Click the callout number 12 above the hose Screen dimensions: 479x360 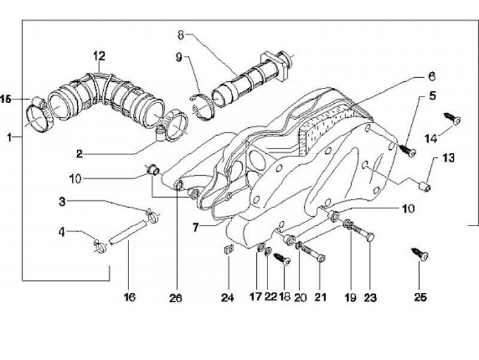pos(99,57)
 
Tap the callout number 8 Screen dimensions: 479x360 pos(181,35)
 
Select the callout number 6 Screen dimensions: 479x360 pos(431,76)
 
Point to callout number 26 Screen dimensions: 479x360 pos(176,298)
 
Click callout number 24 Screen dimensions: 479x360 pos(228,297)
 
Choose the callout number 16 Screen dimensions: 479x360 pos(130,297)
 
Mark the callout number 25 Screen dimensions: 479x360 pos(420,297)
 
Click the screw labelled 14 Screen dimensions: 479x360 pos(452,118)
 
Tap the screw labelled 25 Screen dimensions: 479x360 pos(420,255)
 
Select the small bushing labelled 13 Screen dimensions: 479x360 pos(424,186)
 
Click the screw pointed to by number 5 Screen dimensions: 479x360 pos(408,150)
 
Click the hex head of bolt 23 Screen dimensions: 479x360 pos(370,237)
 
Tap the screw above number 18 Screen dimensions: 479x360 pos(281,259)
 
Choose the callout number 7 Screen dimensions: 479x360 pos(196,228)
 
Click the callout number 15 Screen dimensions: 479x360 pos(5,99)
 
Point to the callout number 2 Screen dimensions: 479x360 pos(79,154)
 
